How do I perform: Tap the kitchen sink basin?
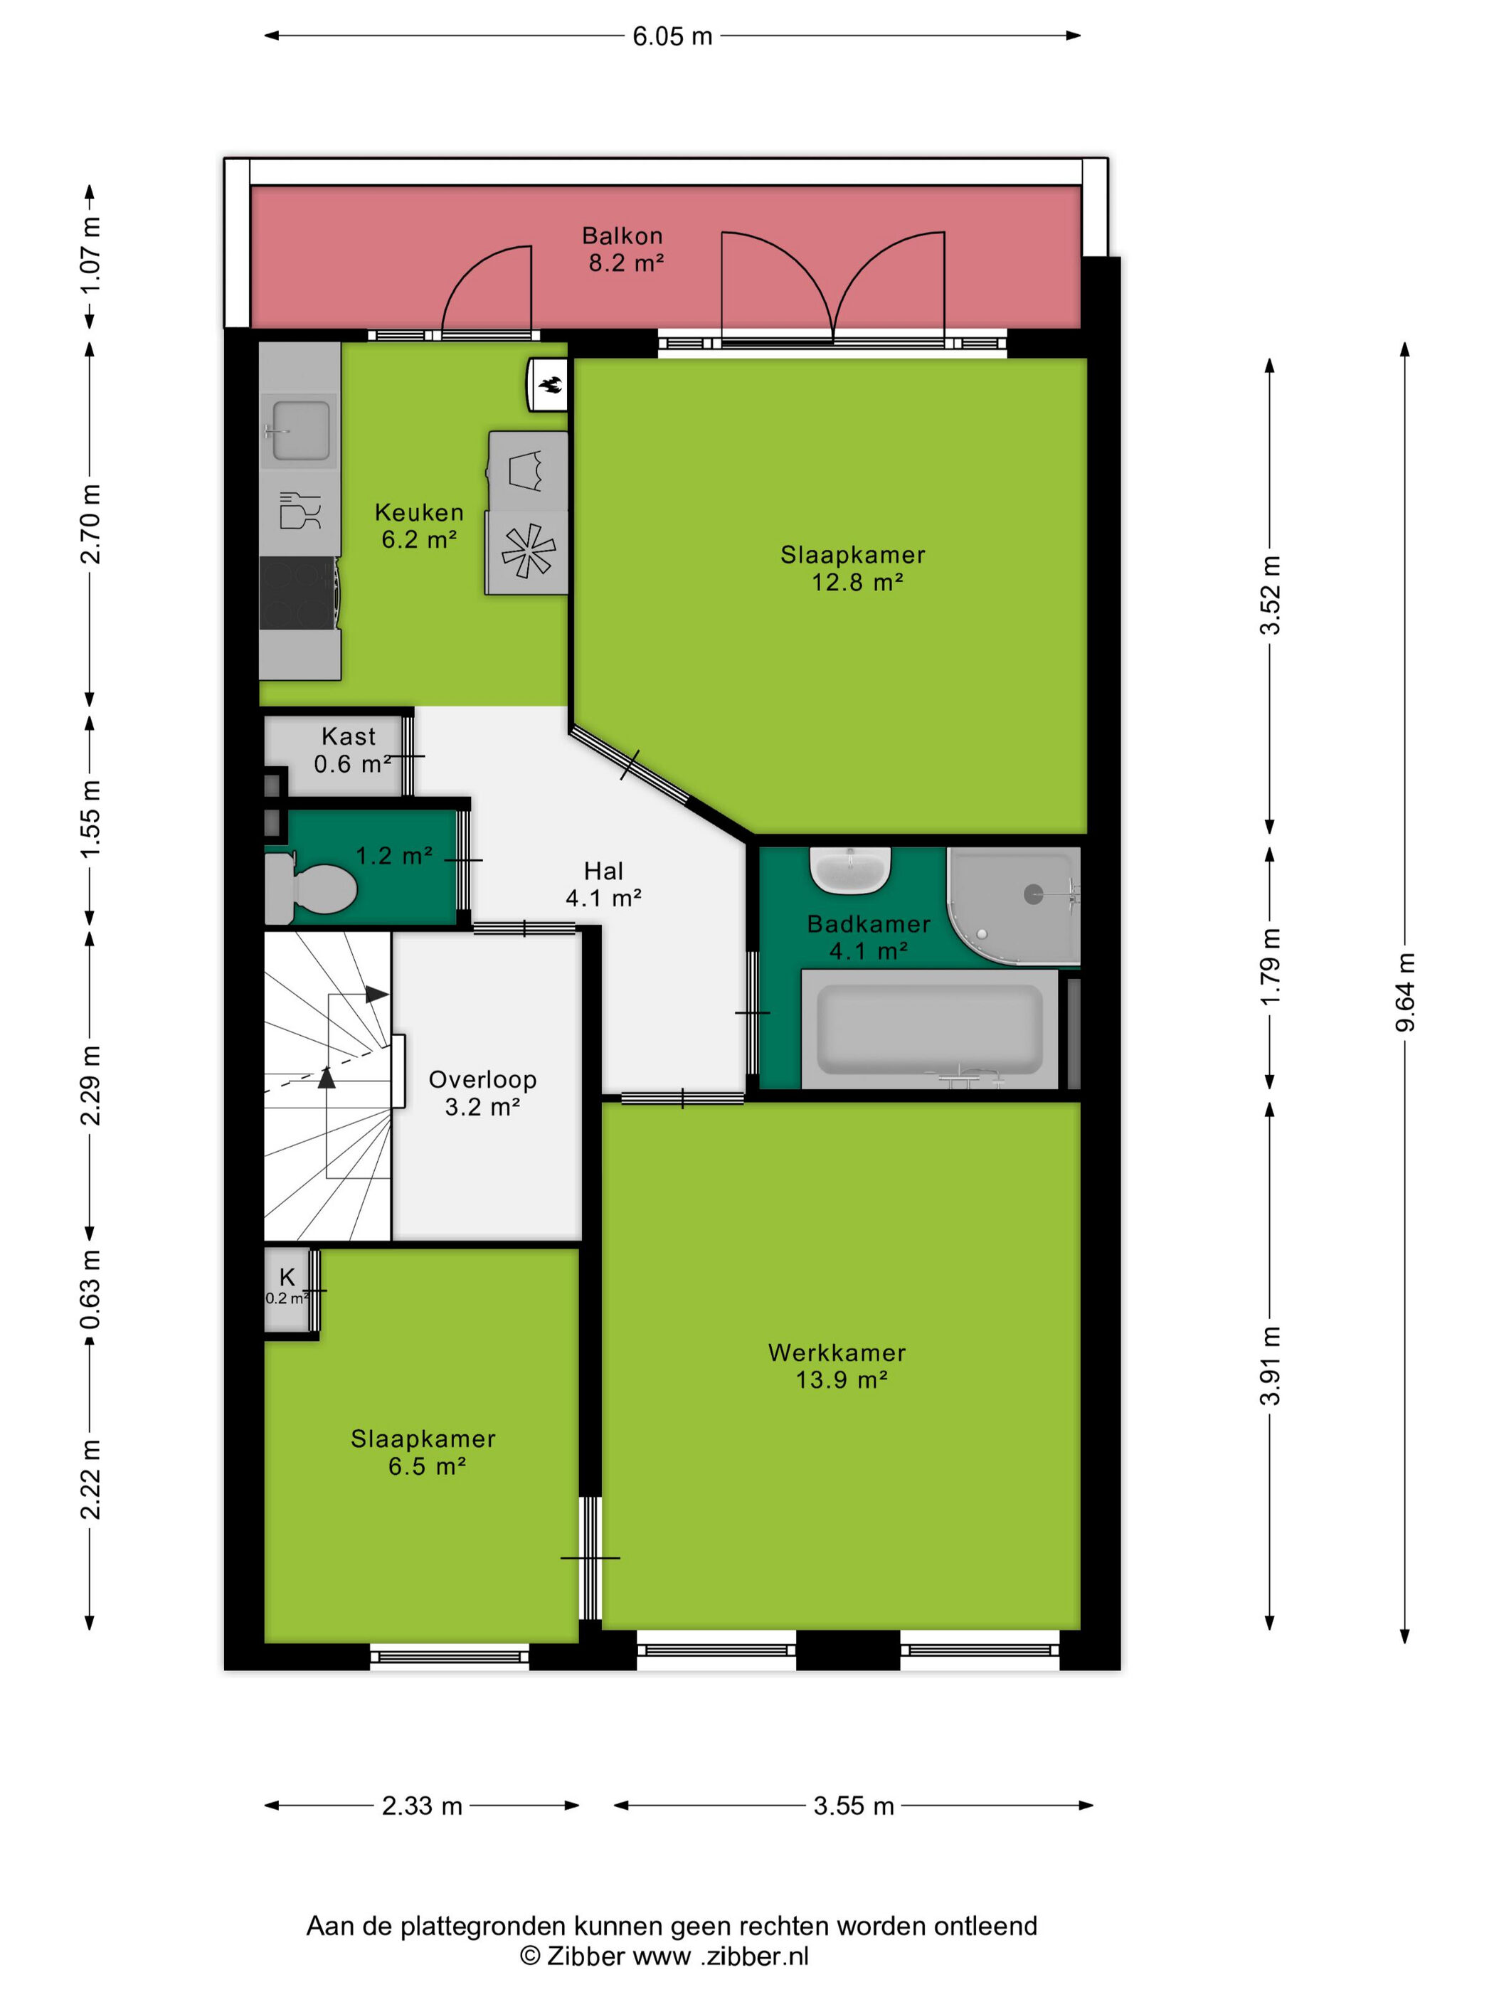pos(300,430)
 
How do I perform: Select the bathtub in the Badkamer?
pos(929,1029)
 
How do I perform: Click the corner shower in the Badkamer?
pos(1014,905)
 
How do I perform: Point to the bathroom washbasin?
pos(850,870)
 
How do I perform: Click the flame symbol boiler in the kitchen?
pos(549,386)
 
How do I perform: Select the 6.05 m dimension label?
pos(672,36)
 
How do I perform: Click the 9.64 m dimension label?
pos(1405,992)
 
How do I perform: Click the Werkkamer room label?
pos(837,1352)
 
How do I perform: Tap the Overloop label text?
pos(482,1080)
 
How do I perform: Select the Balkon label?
pos(622,236)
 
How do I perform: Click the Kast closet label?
pos(349,736)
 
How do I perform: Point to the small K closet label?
pos(287,1277)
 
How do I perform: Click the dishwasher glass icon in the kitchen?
pos(300,511)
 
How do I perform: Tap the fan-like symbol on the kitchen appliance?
pos(528,551)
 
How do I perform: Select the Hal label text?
pos(603,871)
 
